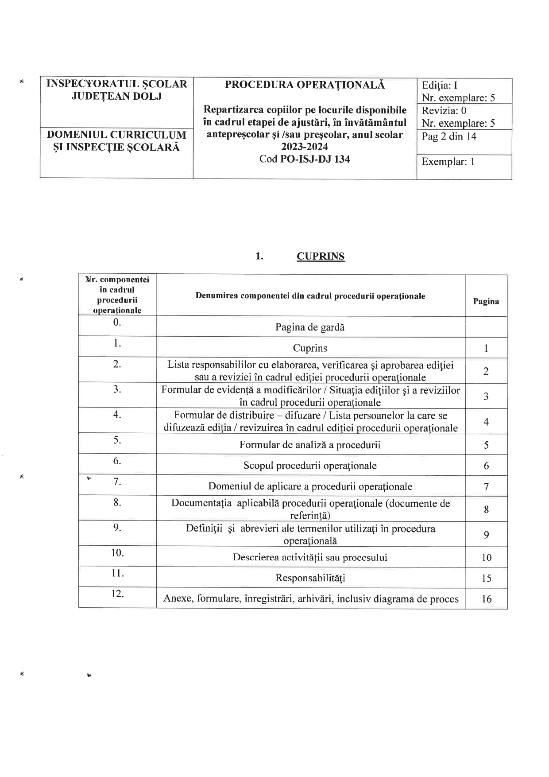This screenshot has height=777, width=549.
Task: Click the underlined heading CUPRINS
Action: pos(320,256)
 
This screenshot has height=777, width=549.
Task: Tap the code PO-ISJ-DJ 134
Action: pos(315,159)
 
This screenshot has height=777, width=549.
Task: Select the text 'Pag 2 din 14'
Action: pos(448,136)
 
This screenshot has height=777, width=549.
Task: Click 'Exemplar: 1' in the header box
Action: pos(448,162)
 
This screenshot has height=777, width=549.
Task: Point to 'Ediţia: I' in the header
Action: pos(439,85)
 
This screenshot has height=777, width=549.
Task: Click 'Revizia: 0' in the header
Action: pos(444,111)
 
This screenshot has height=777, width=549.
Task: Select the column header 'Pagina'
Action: pos(486,302)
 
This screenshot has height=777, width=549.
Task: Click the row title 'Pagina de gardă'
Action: pos(310,327)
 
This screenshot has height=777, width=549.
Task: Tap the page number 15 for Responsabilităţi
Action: pos(486,578)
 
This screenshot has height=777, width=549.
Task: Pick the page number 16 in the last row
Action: pos(486,599)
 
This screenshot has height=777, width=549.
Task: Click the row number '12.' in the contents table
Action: pos(117,594)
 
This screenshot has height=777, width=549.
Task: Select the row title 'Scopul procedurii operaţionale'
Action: pos(310,466)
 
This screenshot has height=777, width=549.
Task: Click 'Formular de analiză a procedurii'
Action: pos(310,445)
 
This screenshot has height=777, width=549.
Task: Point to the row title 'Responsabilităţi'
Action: pos(310,578)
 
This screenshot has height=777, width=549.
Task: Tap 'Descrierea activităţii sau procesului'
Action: pos(310,557)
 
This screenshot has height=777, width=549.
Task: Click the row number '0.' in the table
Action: pos(117,322)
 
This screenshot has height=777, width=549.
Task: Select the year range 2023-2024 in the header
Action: pos(305,147)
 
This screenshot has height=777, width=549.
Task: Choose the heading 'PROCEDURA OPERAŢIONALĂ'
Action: pos(305,85)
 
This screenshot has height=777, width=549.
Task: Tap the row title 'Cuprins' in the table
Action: pos(310,348)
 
